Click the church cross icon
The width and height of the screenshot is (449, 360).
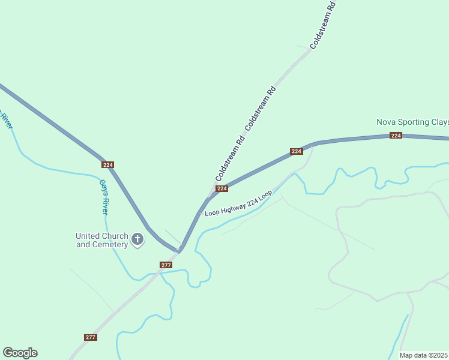(137, 240)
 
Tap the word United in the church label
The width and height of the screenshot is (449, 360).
(89, 236)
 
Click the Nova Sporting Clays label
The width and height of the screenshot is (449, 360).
(412, 122)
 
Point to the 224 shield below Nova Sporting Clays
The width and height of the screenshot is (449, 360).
(396, 136)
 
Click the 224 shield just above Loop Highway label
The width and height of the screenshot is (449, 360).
(221, 188)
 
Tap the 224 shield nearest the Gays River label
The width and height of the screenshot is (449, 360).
(107, 164)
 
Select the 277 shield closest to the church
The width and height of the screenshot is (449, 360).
(166, 265)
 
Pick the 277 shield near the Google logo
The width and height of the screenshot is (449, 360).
(90, 337)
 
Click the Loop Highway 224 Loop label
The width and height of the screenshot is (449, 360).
(239, 204)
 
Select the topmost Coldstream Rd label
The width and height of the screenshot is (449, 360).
(323, 25)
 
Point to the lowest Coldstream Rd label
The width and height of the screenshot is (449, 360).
(230, 160)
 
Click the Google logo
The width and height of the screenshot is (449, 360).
(20, 353)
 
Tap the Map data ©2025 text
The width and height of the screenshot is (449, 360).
(424, 355)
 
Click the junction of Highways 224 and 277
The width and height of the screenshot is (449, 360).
(179, 248)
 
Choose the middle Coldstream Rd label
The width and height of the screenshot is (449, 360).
(261, 107)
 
